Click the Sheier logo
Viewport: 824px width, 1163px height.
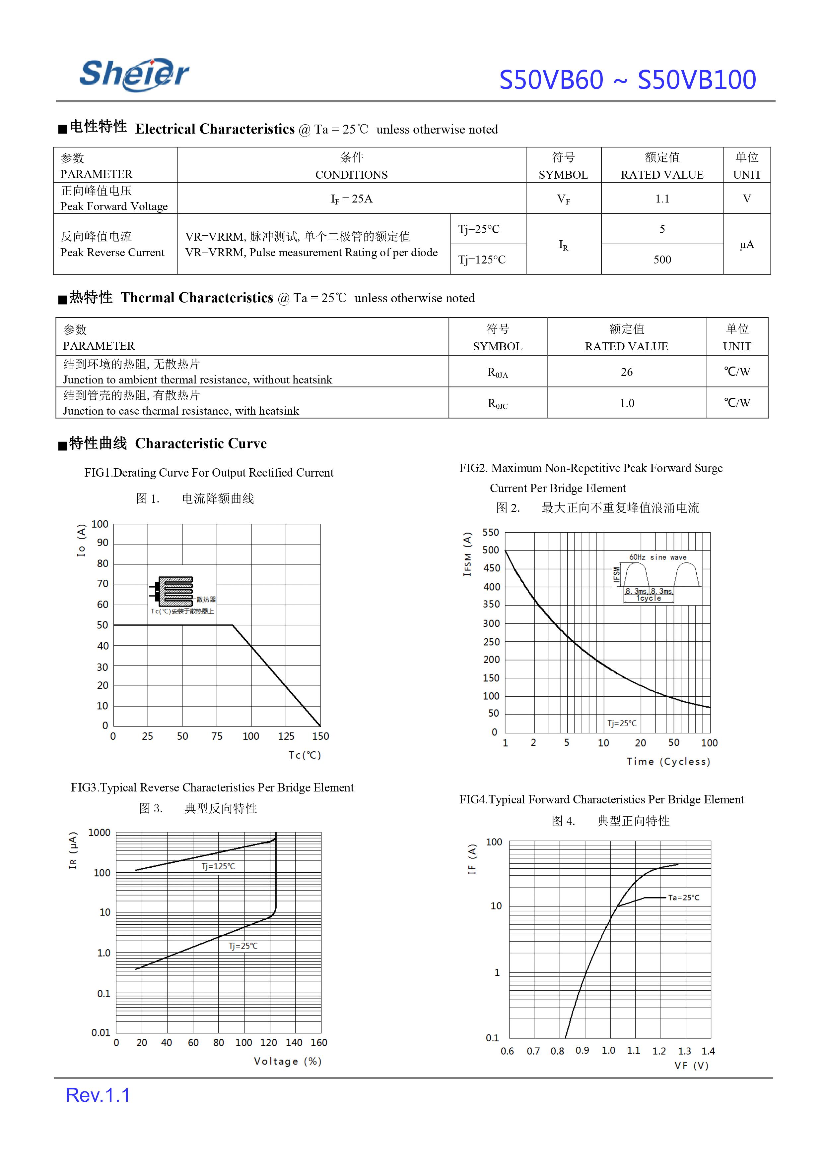coord(134,75)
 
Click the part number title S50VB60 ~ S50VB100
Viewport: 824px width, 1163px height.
coord(627,80)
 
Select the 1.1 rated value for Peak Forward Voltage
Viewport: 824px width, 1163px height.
coord(662,199)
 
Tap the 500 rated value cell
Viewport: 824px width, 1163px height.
coord(662,260)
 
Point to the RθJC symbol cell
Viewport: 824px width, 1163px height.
coord(497,404)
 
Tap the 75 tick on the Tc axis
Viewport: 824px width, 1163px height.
coord(217,736)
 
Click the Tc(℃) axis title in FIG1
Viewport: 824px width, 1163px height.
coord(305,755)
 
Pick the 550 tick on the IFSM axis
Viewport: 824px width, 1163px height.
coord(491,532)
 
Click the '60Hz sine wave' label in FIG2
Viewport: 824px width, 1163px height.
coord(657,557)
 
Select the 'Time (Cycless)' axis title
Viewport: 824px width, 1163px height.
coord(668,762)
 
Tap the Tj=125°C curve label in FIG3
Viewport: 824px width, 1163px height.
coord(218,866)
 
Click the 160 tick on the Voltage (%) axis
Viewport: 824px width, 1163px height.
coord(319,1043)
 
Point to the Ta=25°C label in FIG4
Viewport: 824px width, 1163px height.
coord(683,897)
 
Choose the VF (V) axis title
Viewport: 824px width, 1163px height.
coord(691,1066)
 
